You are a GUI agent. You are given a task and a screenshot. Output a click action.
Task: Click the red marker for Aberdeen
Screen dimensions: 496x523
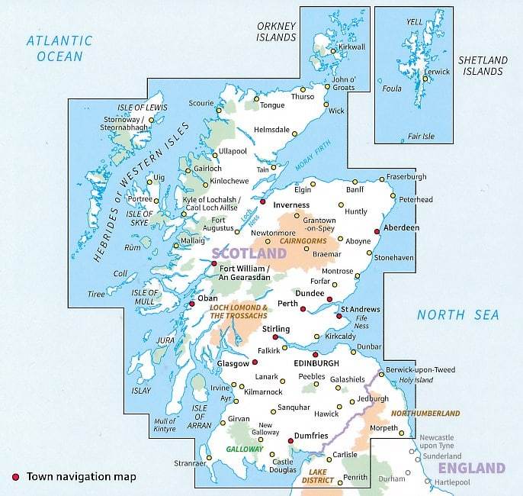377,232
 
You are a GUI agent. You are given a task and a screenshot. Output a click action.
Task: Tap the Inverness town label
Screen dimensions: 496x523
291,205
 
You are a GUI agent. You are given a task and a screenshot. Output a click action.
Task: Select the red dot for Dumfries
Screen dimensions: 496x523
290,440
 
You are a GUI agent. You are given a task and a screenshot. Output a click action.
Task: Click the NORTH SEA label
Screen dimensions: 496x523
457,314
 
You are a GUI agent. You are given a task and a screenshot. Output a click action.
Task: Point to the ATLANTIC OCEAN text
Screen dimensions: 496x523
59,47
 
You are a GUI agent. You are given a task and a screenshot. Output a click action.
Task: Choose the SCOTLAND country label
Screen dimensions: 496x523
249,253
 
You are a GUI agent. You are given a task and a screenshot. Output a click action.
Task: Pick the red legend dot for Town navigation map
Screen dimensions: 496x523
15,477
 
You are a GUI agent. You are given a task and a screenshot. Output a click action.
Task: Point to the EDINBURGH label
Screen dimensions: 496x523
316,364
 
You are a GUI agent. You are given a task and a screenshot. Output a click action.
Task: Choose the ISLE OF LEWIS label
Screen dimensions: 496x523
142,108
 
